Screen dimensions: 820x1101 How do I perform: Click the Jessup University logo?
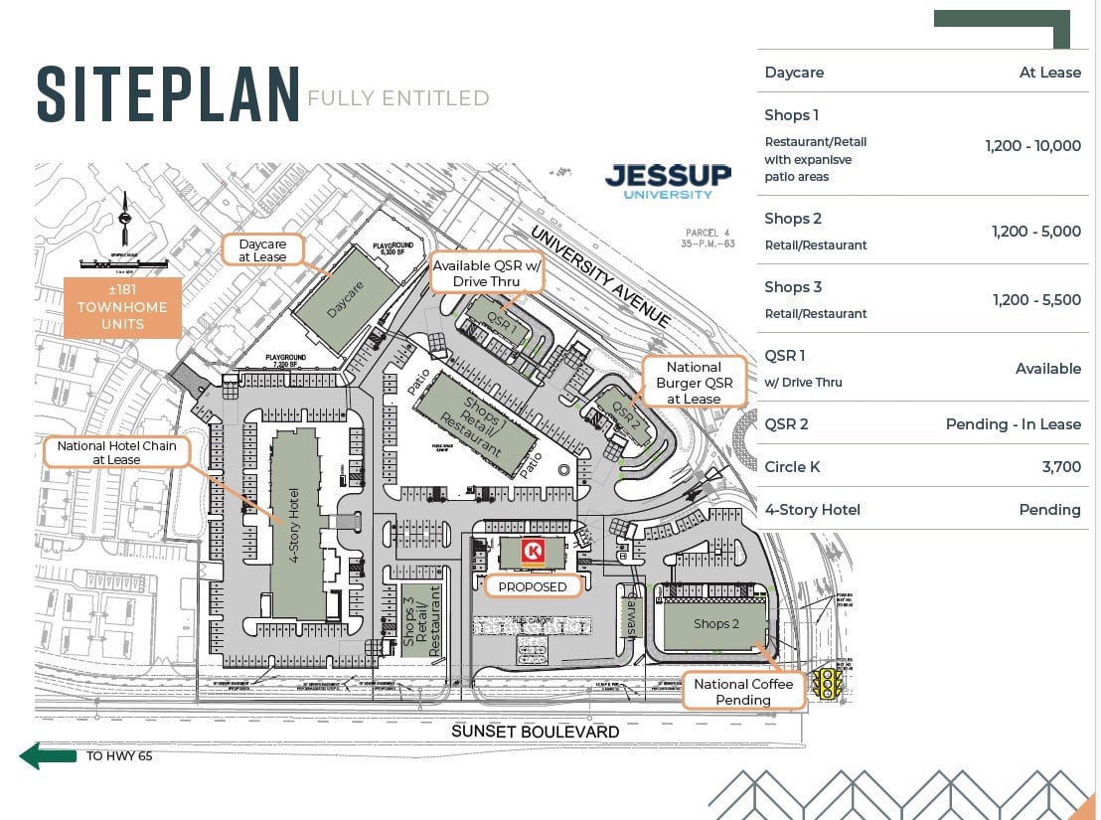point(668,181)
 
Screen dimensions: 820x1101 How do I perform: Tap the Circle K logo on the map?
point(533,550)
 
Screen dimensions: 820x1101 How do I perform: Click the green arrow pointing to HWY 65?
point(48,756)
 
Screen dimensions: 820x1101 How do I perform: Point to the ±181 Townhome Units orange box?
point(122,307)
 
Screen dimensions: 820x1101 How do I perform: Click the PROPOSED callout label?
point(533,586)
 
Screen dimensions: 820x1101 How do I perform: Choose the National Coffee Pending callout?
point(743,692)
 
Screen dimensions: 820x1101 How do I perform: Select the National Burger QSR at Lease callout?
point(694,383)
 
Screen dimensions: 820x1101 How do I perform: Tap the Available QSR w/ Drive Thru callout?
point(489,273)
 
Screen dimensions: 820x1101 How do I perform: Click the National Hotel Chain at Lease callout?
point(116,453)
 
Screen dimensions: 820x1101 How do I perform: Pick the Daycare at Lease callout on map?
point(262,250)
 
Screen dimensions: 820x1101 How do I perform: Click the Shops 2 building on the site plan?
point(716,624)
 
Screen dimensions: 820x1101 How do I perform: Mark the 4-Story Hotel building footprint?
point(295,524)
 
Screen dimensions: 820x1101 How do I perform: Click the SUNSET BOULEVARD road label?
point(536,732)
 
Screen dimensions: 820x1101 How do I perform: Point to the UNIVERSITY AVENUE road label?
point(601,276)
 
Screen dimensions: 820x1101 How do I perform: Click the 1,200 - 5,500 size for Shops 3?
point(1035,300)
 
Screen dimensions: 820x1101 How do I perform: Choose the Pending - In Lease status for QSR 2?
point(1013,424)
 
